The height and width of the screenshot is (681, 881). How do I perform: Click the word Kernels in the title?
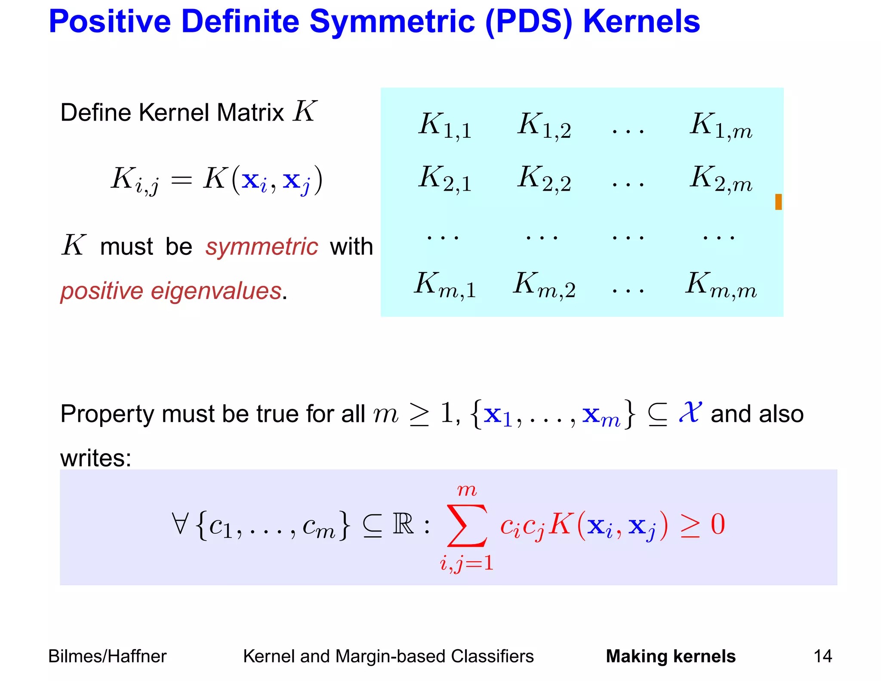click(x=641, y=22)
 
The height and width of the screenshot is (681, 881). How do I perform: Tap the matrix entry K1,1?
click(x=445, y=126)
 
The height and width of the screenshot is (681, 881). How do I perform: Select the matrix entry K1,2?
click(x=544, y=126)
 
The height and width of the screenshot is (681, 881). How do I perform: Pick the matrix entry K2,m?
click(x=721, y=179)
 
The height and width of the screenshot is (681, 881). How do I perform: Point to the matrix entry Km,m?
click(x=721, y=285)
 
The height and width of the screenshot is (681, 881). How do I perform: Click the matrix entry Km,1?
click(x=445, y=285)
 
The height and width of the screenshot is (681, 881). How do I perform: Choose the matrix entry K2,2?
click(x=544, y=179)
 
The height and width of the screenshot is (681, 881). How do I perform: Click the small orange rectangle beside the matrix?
click(x=778, y=202)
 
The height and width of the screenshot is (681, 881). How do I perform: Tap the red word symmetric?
click(x=262, y=247)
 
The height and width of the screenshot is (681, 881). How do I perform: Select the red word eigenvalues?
click(x=216, y=291)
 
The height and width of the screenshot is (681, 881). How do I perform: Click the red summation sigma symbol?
click(x=467, y=526)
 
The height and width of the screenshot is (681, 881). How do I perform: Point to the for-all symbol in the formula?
click(x=180, y=524)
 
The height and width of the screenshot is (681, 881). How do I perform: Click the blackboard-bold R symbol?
click(x=403, y=524)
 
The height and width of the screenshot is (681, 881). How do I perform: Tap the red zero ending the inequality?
click(x=718, y=524)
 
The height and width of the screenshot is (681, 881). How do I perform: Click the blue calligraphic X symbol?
click(x=690, y=412)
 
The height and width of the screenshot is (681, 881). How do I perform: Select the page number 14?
click(x=822, y=656)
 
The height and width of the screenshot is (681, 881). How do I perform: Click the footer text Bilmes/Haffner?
click(x=107, y=656)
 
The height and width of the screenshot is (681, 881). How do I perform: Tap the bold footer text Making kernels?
click(x=671, y=656)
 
